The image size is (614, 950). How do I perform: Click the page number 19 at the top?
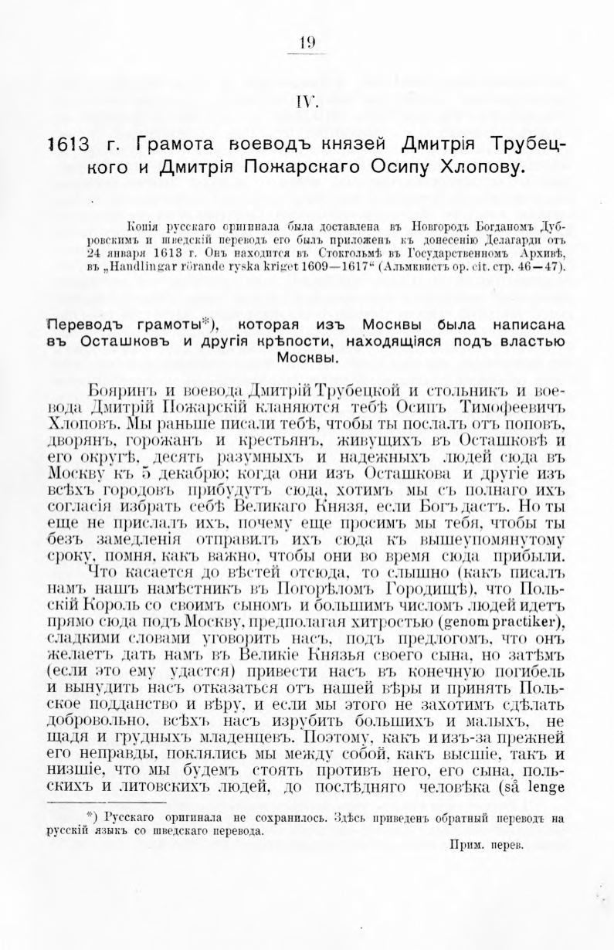[x=307, y=43]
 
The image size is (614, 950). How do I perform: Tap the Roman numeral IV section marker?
[x=307, y=101]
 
